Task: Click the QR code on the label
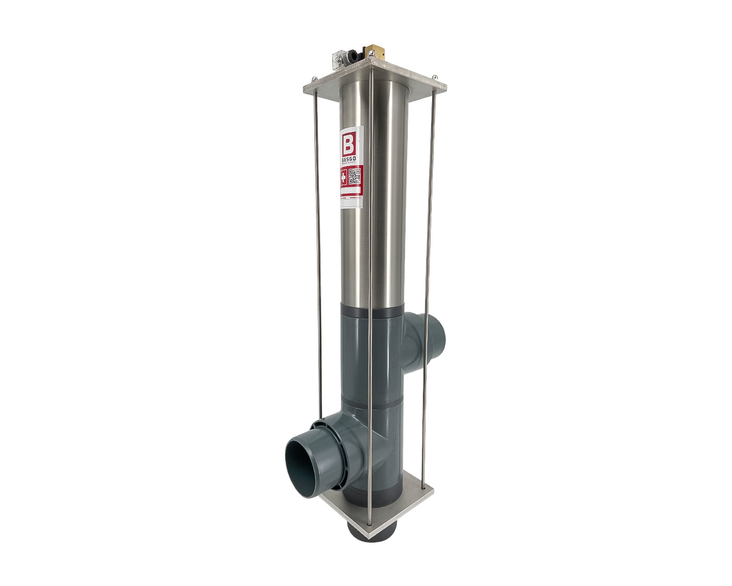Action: pos(355,177)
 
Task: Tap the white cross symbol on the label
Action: pos(344,177)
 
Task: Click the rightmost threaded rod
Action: pos(432,271)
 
